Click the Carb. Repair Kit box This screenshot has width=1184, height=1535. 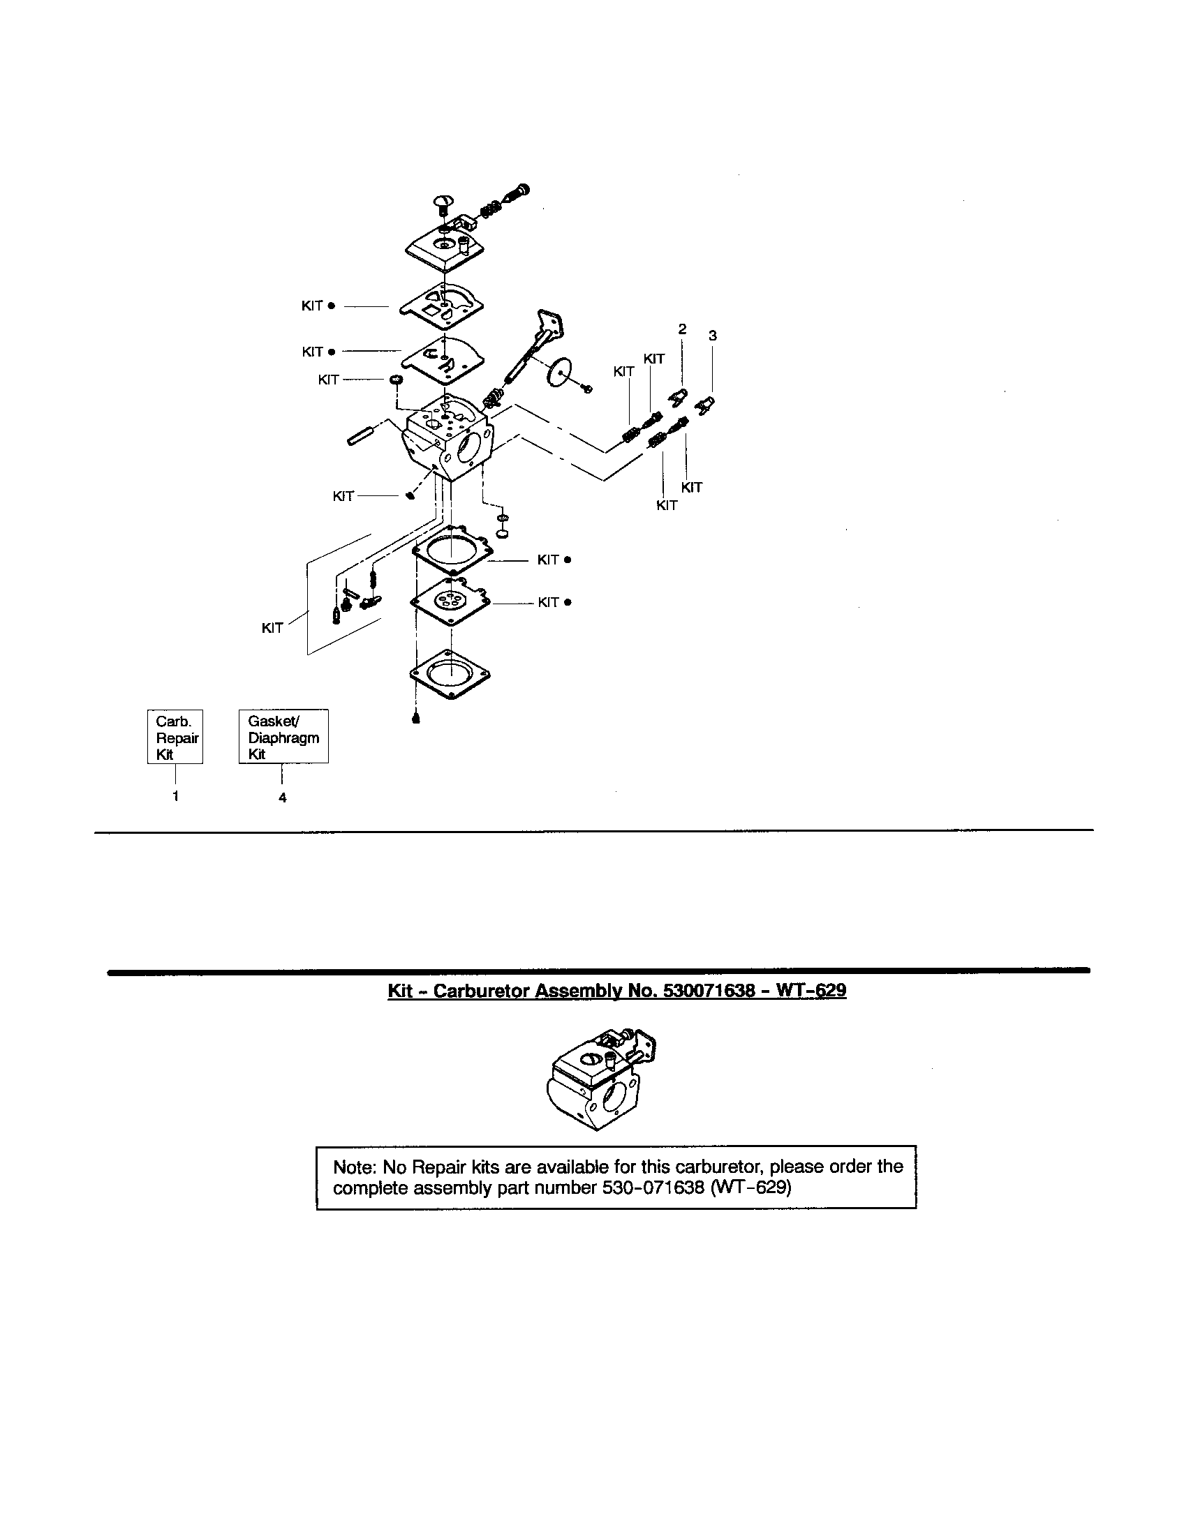click(x=175, y=737)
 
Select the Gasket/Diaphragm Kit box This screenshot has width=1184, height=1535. click(x=283, y=737)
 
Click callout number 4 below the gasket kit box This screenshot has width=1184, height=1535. click(x=283, y=798)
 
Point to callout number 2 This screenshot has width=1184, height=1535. click(x=682, y=328)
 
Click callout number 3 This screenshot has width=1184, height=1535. click(x=713, y=336)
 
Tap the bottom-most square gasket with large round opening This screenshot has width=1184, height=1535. click(x=450, y=673)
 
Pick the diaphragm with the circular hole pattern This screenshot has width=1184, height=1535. click(x=450, y=601)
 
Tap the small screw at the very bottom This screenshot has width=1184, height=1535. click(x=415, y=718)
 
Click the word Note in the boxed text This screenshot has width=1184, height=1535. click(x=355, y=1167)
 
